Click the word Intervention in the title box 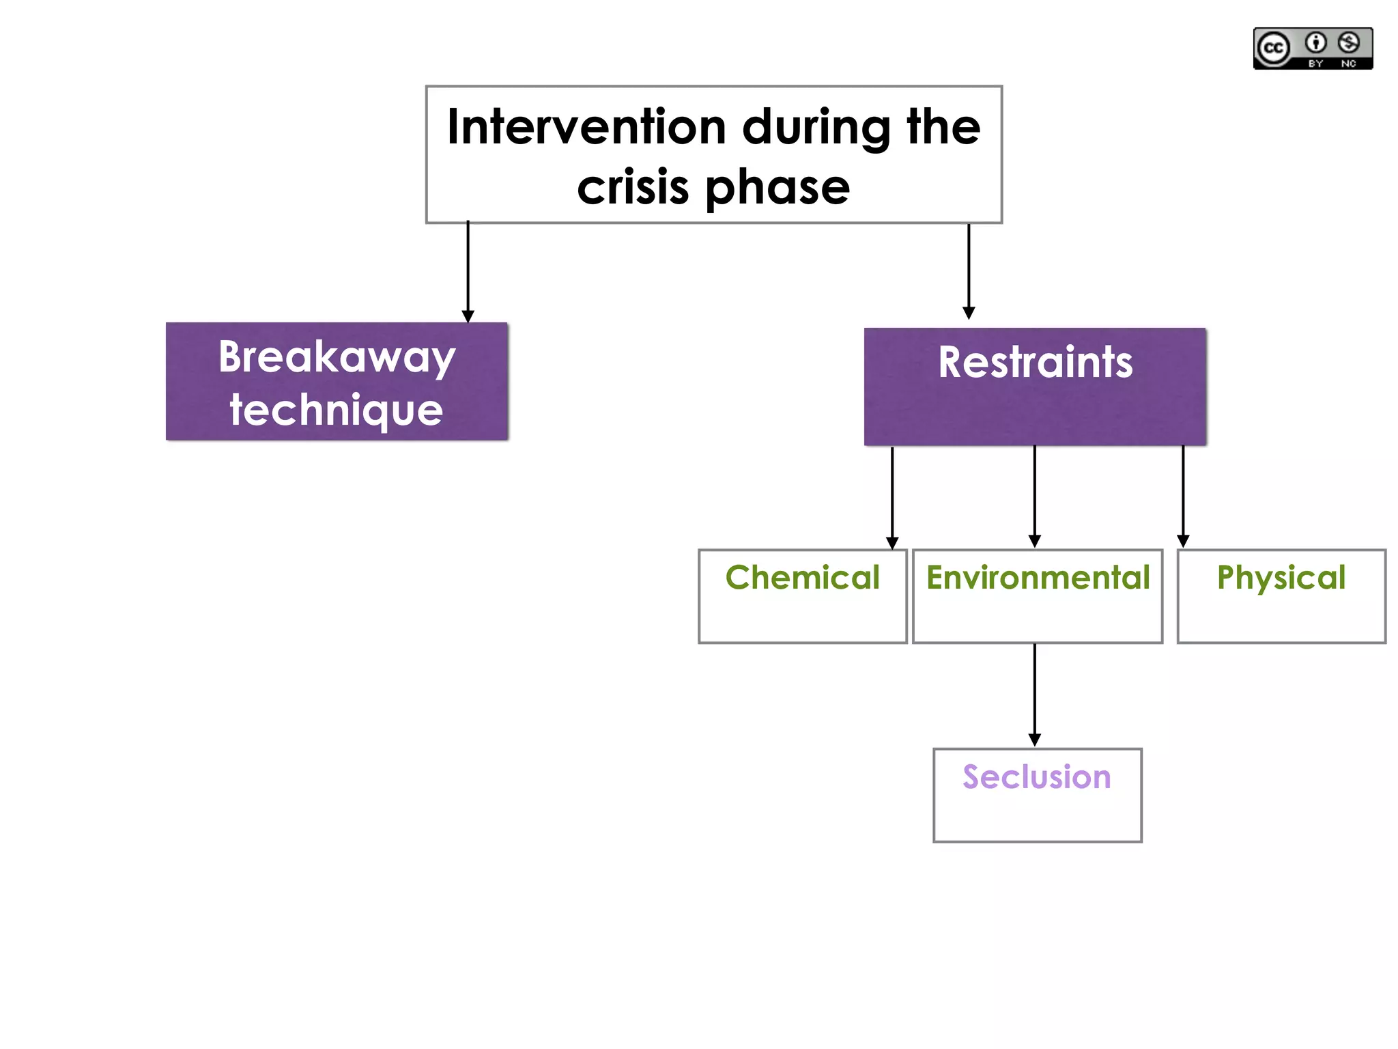586,128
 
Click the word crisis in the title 633,188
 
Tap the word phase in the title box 778,188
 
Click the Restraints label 1035,362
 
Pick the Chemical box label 802,578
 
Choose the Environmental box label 1038,578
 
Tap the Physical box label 1281,578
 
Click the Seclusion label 1036,777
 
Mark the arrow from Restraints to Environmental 1034,496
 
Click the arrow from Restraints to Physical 1183,496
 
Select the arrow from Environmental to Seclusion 1034,694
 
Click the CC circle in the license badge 1273,48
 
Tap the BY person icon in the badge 1315,43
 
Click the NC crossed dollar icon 1348,43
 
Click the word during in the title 816,128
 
